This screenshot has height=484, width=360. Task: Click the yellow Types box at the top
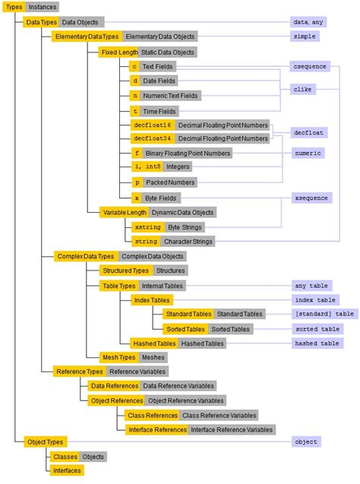pos(14,6)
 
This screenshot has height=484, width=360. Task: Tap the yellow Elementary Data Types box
pos(87,36)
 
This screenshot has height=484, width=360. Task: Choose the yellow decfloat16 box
pos(152,125)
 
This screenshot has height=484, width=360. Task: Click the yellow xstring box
pos(147,226)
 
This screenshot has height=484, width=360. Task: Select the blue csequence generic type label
pos(310,67)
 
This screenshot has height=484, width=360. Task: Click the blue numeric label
pos(308,153)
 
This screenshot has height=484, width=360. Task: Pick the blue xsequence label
pos(311,198)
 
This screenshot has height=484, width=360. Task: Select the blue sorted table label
pos(317,329)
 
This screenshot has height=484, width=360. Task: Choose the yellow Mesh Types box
pos(119,357)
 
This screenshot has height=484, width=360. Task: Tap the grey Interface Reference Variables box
pos(232,429)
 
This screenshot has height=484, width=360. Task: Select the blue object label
pos(307,441)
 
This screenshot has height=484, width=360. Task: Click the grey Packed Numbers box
pos(171,182)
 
